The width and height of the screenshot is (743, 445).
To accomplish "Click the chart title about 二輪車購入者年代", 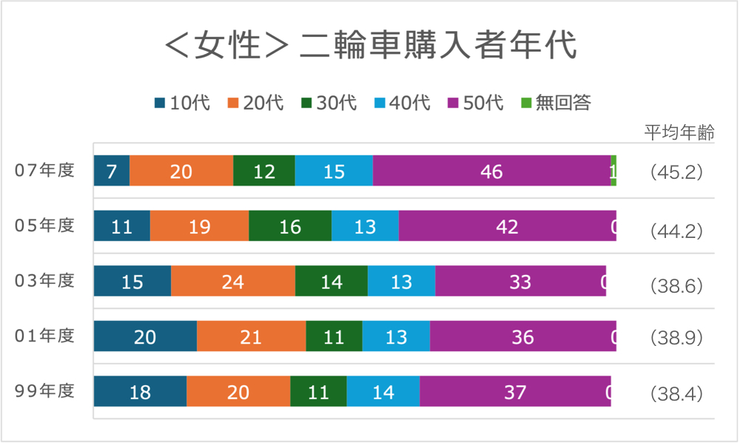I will (370, 47).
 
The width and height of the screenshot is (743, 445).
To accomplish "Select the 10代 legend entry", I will (183, 103).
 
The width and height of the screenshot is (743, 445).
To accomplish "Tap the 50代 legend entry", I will (476, 103).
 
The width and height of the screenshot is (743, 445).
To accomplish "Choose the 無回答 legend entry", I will (556, 103).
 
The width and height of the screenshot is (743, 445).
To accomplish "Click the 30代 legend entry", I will (329, 103).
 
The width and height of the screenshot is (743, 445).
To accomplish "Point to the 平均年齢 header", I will (679, 134).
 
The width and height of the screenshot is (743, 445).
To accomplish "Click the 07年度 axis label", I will (45, 171).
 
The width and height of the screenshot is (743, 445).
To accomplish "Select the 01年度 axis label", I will (45, 336).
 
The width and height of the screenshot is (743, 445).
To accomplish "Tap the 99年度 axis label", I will (45, 391).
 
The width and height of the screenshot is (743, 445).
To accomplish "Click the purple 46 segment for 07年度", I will (491, 171).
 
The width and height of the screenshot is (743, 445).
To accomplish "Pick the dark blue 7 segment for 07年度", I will (112, 171).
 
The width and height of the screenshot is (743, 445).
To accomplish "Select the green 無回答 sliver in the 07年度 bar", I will (614, 171).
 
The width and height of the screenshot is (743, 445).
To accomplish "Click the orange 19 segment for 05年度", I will (199, 226).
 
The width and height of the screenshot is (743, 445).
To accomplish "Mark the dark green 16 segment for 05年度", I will (290, 226).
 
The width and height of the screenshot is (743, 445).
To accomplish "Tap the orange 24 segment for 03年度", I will (233, 282).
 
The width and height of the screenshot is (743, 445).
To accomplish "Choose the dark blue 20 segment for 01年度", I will (145, 337).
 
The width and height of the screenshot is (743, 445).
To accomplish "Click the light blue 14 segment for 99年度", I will (383, 392).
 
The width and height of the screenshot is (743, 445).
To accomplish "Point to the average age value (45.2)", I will (676, 172).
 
